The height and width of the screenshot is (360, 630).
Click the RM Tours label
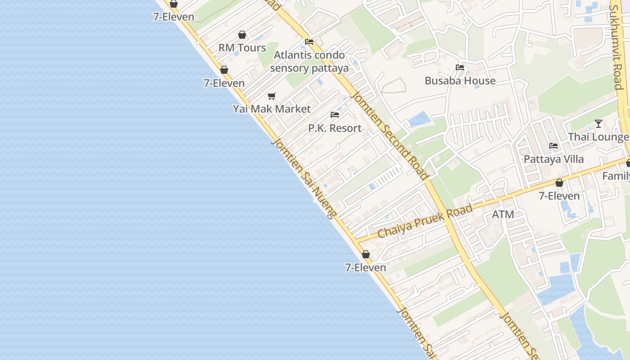(x=242, y=48)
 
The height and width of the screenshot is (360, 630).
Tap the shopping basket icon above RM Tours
(x=242, y=35)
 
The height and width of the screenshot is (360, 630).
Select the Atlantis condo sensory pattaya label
(x=310, y=62)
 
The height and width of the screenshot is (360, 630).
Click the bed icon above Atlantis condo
(x=309, y=42)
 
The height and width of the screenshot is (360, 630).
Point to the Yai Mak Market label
(x=271, y=109)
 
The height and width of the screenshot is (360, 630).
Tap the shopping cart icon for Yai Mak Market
(x=271, y=96)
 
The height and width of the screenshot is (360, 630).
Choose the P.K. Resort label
(x=335, y=128)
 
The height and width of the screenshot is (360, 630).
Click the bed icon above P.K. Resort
(x=335, y=115)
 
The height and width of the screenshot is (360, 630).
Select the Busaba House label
(x=460, y=81)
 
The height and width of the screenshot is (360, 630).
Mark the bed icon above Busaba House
(x=460, y=67)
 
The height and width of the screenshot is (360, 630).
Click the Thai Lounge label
(x=598, y=137)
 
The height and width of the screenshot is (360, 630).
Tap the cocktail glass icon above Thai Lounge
(x=598, y=123)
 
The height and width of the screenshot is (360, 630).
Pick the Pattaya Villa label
(x=553, y=159)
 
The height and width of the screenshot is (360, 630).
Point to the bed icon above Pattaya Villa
(x=553, y=146)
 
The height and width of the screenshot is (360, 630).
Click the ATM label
(x=503, y=215)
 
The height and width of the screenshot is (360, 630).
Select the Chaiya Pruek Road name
(x=425, y=221)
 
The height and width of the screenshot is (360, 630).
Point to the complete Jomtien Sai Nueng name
(x=304, y=178)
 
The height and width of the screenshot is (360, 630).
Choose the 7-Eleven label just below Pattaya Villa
(x=559, y=196)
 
